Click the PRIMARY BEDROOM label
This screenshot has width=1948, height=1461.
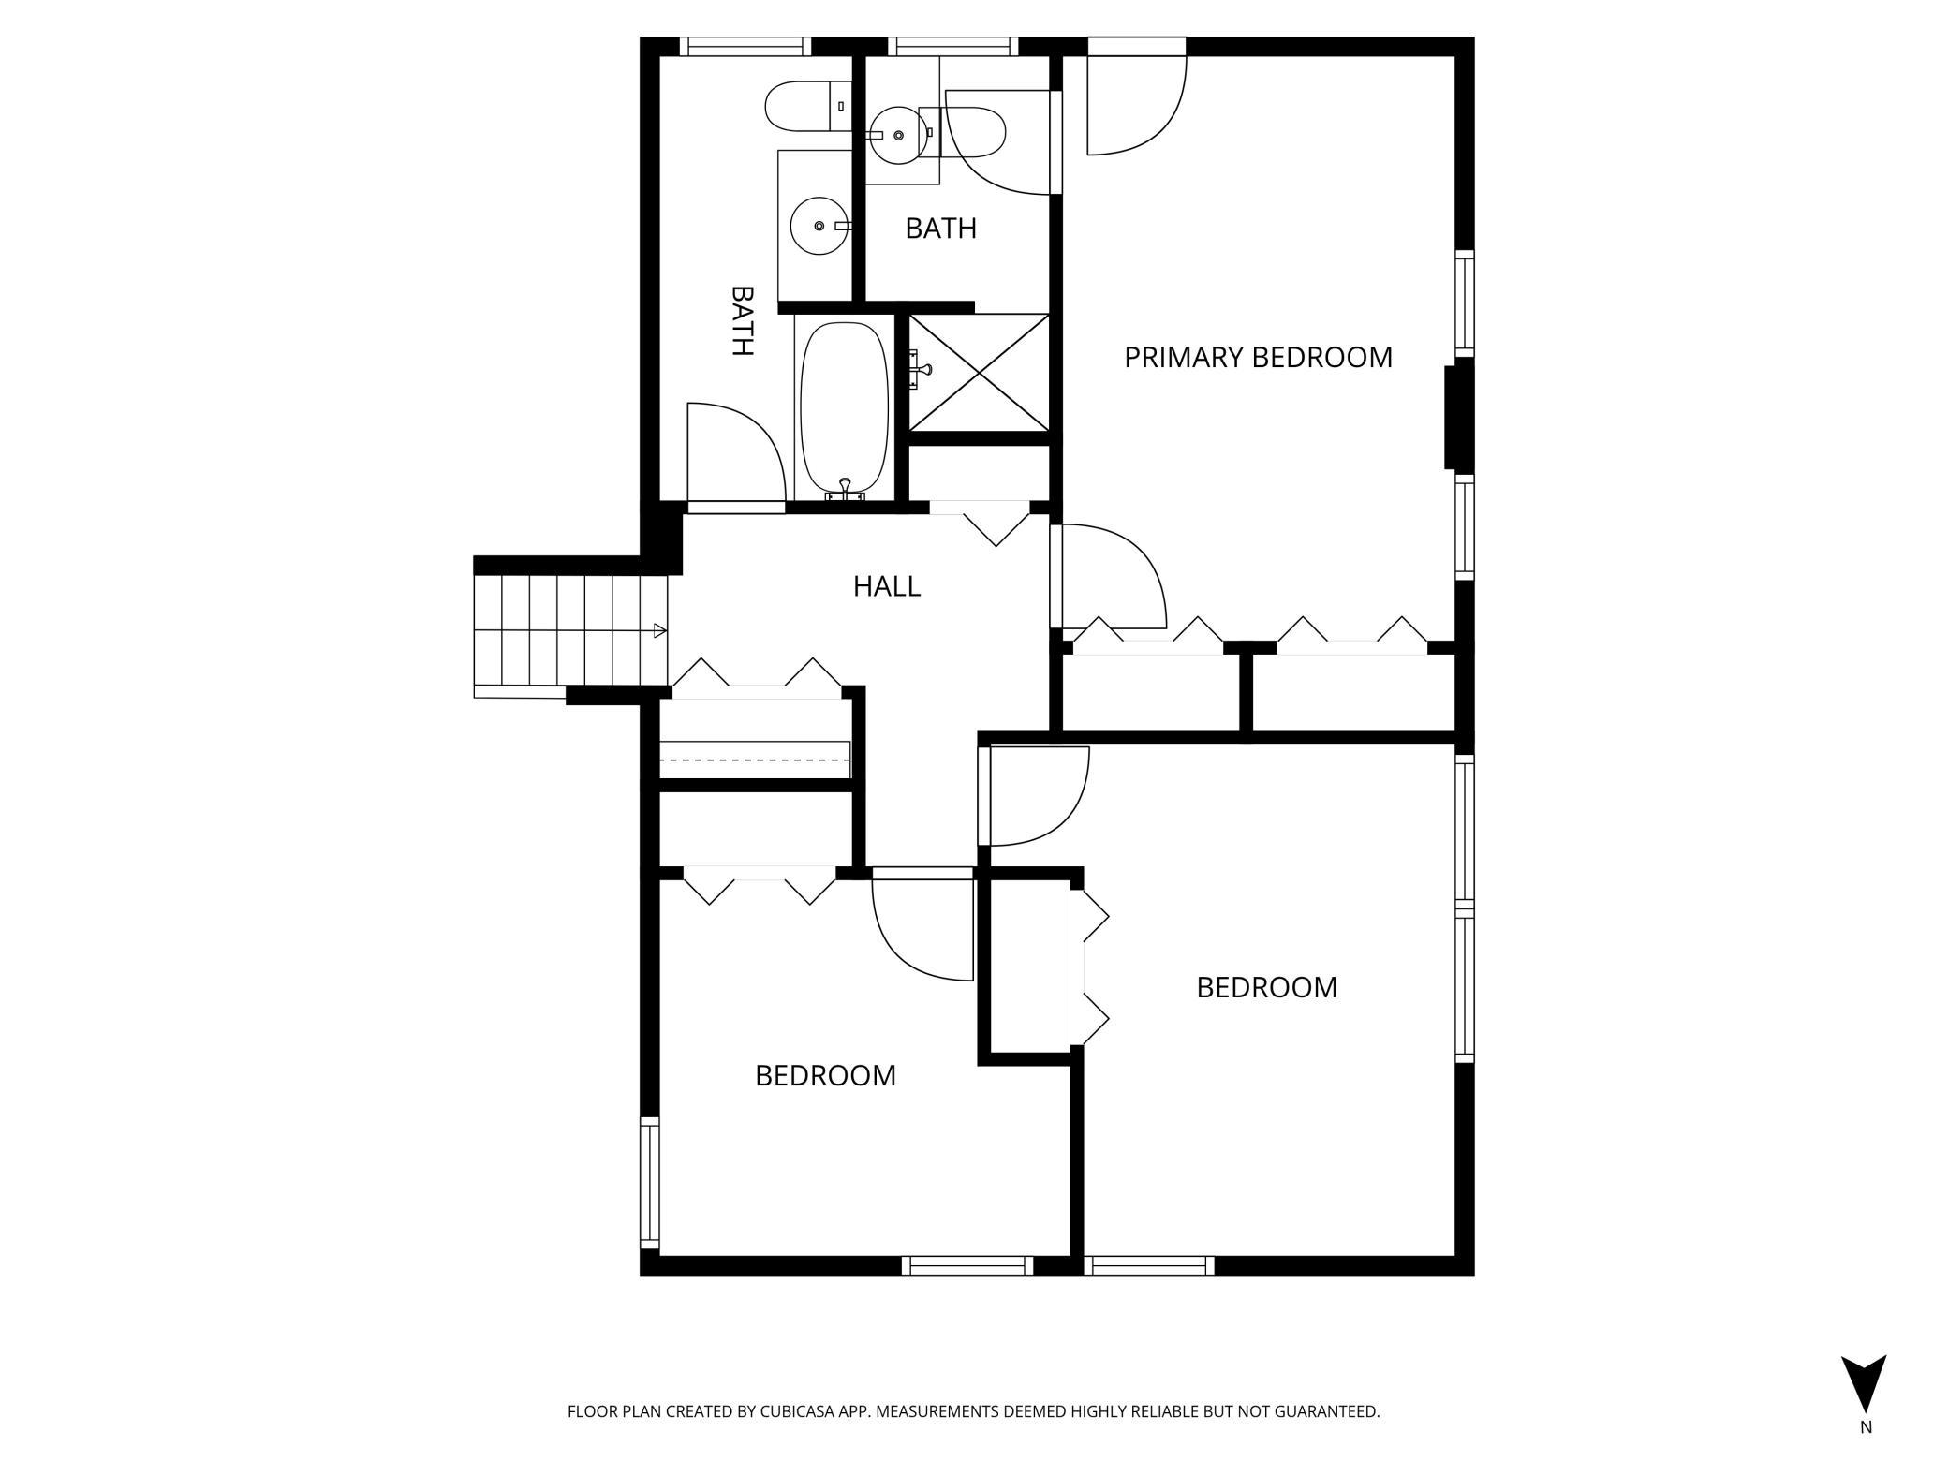coord(1258,357)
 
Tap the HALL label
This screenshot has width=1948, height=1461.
coord(886,586)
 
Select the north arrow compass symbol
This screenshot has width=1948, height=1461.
coord(1864,1395)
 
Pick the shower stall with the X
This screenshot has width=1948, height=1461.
coord(979,374)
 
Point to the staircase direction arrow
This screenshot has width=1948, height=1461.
coord(660,631)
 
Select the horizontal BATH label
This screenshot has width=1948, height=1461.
coord(940,228)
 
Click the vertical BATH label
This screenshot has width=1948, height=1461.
coord(742,320)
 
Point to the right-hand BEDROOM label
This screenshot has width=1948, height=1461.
coord(1266,987)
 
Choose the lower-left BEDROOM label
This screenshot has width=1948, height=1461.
coord(825,1075)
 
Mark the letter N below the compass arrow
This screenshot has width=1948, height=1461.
coord(1866,1454)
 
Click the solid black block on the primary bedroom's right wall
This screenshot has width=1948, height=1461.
coord(1459,418)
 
